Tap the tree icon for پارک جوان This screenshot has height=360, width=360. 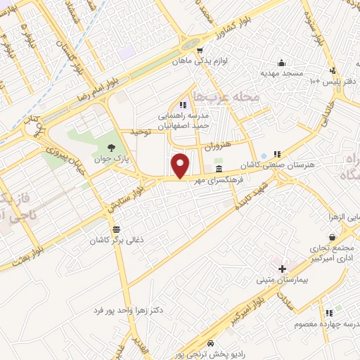coord(112,147)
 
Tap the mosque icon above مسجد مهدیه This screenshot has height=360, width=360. coord(281,63)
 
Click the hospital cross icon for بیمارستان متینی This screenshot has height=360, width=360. coord(282,269)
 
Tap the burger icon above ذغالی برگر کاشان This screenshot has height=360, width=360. coord(115,229)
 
